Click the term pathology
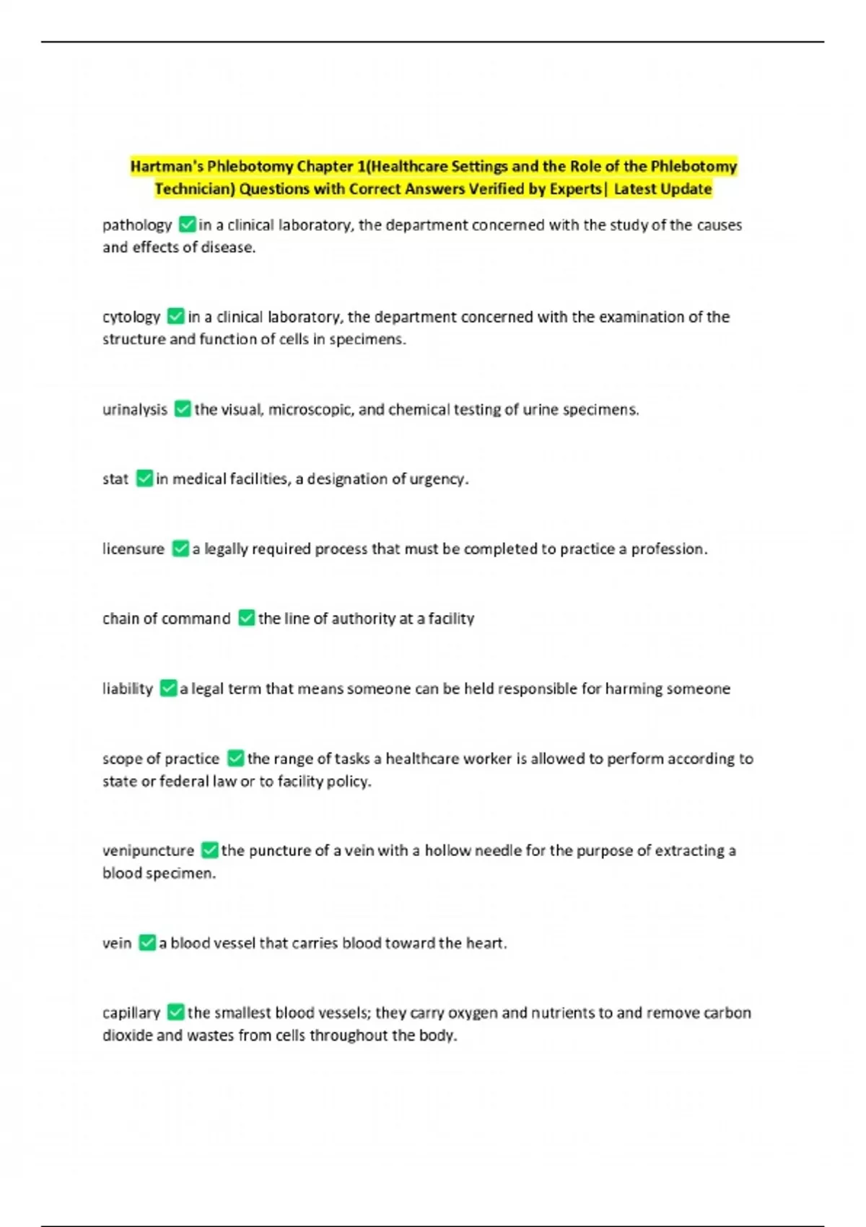click(137, 225)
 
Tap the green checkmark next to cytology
click(175, 316)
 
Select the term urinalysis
click(134, 409)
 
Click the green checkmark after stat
click(144, 479)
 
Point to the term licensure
click(133, 549)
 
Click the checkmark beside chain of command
click(246, 619)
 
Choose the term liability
click(127, 689)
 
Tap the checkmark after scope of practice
click(235, 759)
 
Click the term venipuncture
click(148, 851)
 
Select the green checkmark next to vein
click(147, 943)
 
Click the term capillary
click(131, 1013)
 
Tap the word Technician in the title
click(194, 189)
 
